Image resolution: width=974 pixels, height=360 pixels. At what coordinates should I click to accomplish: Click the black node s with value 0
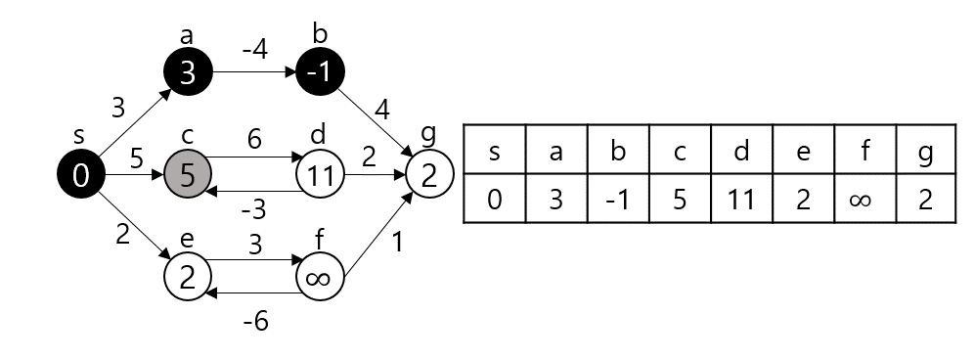click(82, 175)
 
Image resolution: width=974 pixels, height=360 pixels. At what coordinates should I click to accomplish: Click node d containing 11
click(321, 175)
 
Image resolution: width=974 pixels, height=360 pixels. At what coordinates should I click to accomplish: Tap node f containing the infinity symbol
click(321, 277)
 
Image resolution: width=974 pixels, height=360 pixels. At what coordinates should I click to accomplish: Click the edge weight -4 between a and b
click(254, 46)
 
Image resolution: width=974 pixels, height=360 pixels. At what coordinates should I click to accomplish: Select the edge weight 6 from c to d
click(254, 141)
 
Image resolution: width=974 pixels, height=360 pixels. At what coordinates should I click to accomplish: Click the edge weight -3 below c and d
click(254, 208)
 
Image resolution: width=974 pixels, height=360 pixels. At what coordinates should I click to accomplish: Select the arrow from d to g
click(376, 176)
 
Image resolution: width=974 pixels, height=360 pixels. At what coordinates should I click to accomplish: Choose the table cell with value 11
click(740, 201)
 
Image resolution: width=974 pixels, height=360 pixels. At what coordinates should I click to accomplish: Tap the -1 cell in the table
click(617, 201)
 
